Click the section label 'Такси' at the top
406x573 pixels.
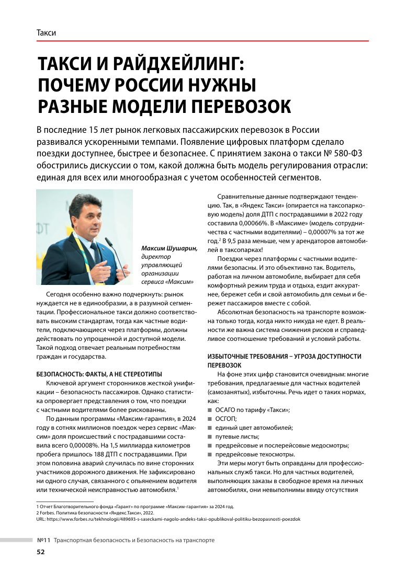pos(46,32)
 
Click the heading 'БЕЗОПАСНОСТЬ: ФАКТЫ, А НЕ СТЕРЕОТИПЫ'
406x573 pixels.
pos(99,374)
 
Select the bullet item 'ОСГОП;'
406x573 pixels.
pos(226,419)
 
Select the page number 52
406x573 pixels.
pos(40,552)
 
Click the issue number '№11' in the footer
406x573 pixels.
pos(43,540)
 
